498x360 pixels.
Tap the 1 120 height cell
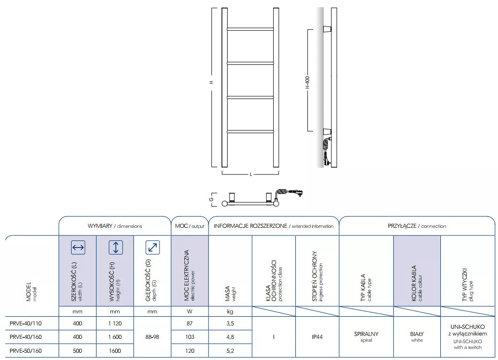click(115, 323)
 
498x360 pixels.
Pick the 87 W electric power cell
click(189, 323)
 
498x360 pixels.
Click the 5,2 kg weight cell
click(230, 350)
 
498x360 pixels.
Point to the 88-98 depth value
click(152, 337)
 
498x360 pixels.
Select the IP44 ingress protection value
click(316, 337)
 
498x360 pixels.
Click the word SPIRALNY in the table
click(366, 334)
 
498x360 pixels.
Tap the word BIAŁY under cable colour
click(416, 334)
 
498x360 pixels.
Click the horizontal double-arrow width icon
click(78, 248)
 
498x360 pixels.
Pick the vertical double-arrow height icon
click(115, 248)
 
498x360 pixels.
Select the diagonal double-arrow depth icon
click(152, 248)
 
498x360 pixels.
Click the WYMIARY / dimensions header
click(115, 226)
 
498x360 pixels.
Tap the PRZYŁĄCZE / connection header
click(416, 226)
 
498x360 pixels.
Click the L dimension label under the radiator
click(250, 174)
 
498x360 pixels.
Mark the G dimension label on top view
click(211, 198)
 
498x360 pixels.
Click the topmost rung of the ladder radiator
click(250, 28)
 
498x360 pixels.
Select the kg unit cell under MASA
click(230, 311)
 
